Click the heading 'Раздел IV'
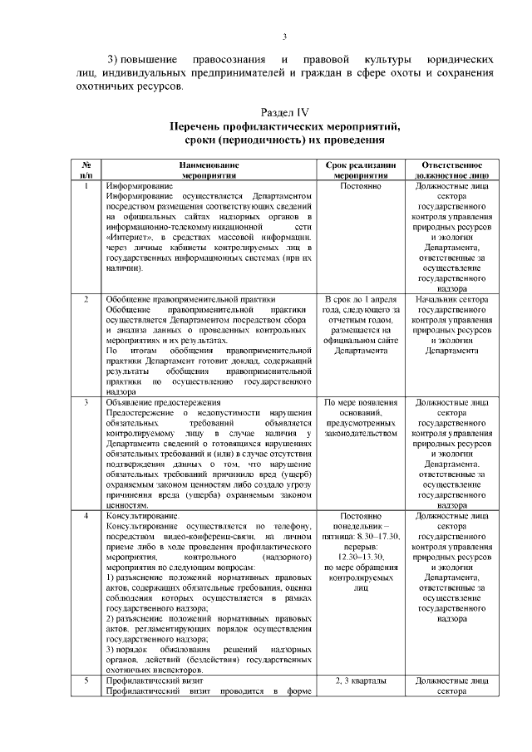point(284,111)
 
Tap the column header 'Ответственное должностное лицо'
point(451,171)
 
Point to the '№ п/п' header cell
point(86,171)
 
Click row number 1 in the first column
point(86,186)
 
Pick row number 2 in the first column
point(86,299)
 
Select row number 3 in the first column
point(86,403)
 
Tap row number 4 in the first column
point(86,516)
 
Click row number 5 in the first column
point(86,681)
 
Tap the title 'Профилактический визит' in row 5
point(155,681)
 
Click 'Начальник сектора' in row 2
point(451,299)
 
